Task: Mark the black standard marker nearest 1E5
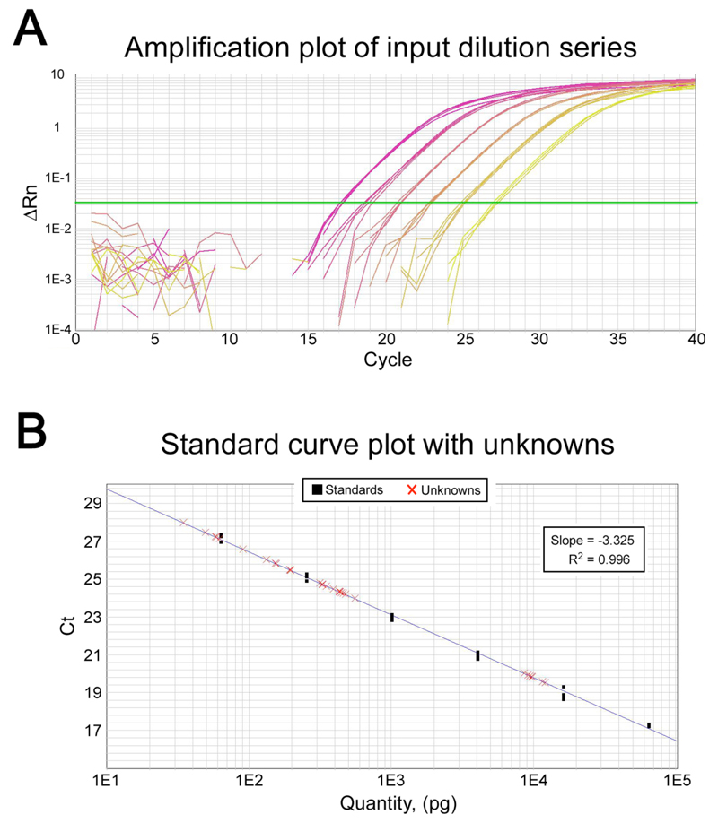(648, 725)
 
